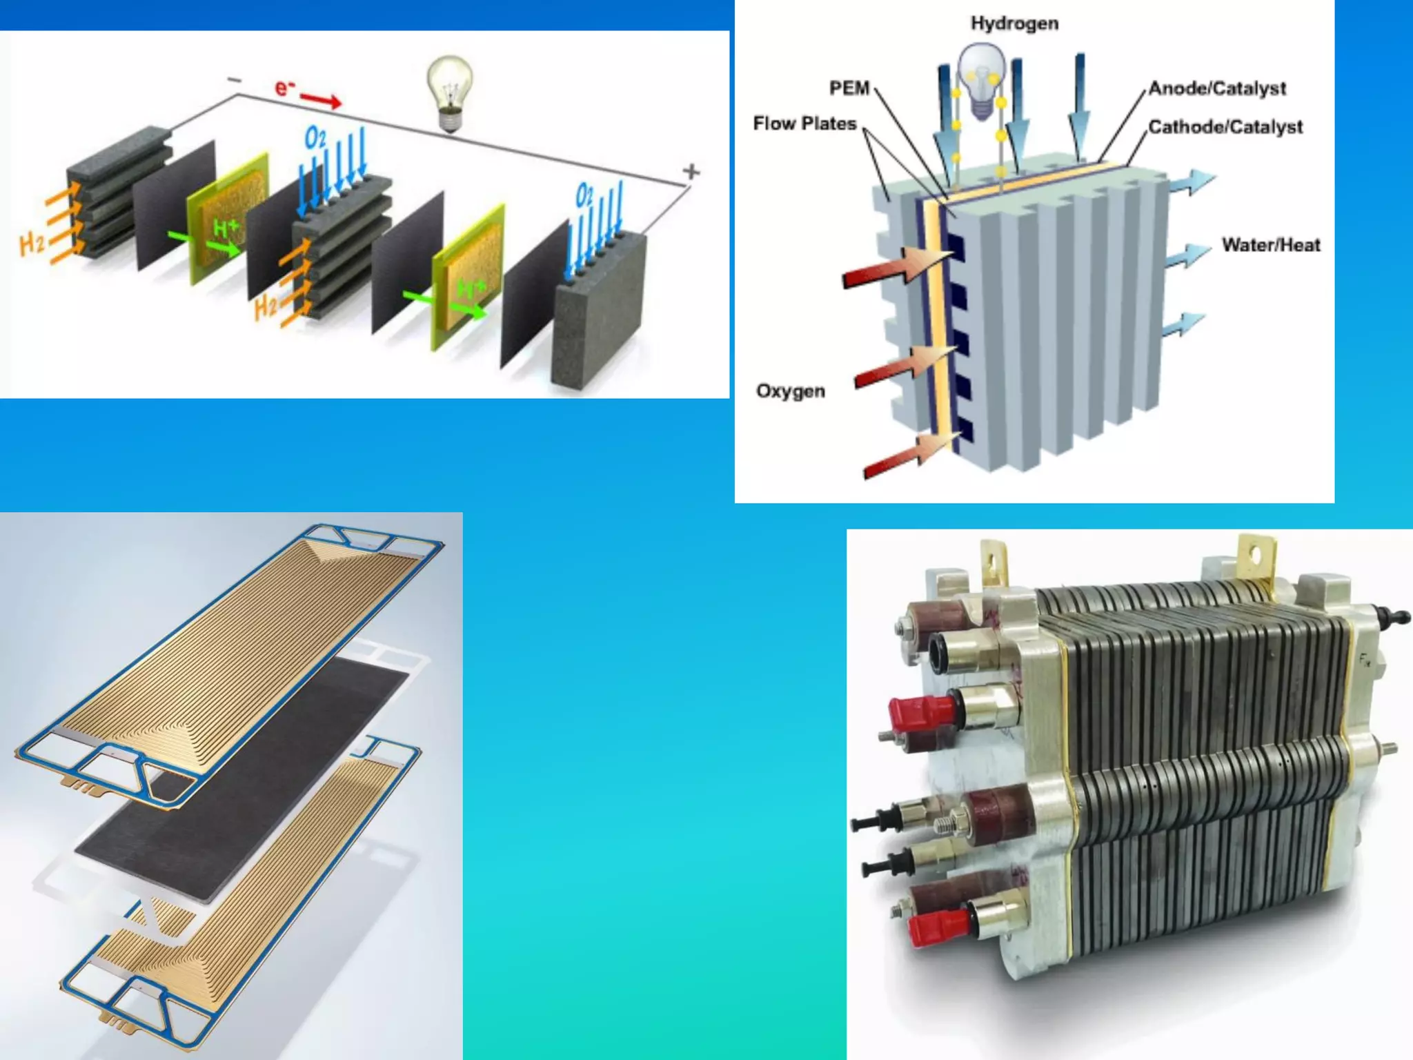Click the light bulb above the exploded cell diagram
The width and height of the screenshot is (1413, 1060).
450,92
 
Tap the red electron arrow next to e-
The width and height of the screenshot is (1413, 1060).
320,99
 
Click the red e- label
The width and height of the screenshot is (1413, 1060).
284,88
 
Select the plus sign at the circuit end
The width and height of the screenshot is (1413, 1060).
691,171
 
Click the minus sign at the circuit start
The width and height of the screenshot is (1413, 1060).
235,81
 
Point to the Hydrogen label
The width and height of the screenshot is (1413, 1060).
1014,23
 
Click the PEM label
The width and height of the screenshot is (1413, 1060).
849,88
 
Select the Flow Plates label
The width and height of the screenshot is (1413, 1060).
804,124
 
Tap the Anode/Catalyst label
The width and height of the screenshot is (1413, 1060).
1217,88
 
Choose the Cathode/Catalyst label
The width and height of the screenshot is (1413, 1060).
1225,127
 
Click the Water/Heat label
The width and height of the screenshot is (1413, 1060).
1271,245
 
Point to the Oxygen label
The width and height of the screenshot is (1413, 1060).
791,391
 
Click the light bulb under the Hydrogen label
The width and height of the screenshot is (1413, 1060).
982,79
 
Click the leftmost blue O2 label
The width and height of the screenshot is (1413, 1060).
315,138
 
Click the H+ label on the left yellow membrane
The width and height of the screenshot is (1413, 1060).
226,228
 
